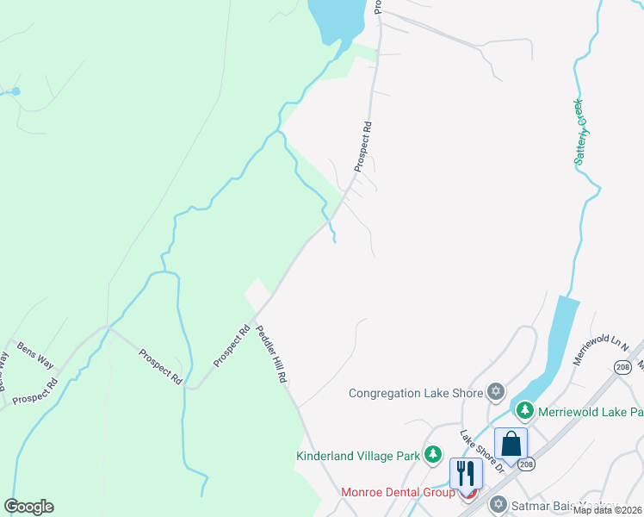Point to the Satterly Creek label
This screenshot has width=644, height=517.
[x=581, y=132]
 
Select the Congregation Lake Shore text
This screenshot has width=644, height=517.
[x=416, y=393]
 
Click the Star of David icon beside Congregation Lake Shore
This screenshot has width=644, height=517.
[x=495, y=393]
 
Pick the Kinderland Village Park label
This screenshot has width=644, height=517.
[x=358, y=455]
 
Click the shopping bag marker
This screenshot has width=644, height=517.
[x=511, y=445]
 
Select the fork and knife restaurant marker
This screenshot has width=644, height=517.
[x=466, y=473]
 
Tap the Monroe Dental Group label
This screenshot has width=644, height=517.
[x=398, y=492]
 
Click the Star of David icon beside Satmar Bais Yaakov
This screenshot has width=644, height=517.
[x=498, y=503]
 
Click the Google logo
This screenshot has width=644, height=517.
[x=29, y=507]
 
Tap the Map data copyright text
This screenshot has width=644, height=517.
[x=608, y=510]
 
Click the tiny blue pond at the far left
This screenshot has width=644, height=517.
[x=15, y=90]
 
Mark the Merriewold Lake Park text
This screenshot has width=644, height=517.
[x=590, y=412]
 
